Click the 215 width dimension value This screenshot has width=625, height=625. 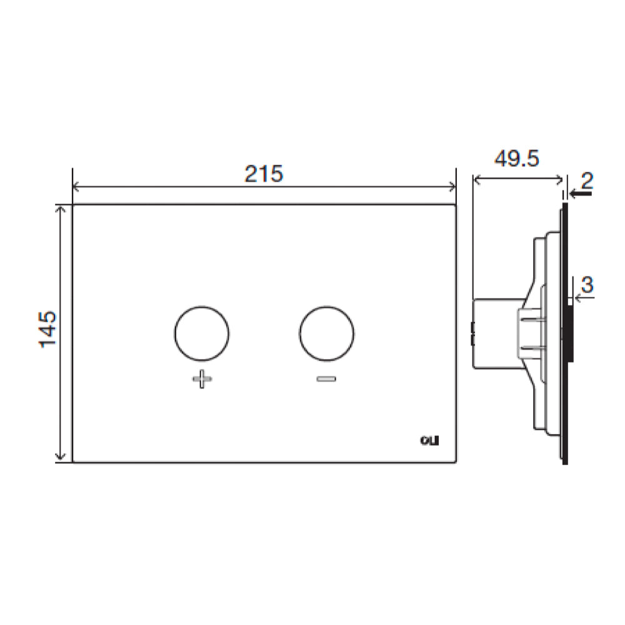[263, 174]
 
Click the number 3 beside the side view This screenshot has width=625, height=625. [586, 285]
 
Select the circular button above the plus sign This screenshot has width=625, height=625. [201, 334]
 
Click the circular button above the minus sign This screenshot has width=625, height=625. [327, 334]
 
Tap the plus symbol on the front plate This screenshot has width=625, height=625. [201, 379]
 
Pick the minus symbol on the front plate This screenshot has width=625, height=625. [327, 379]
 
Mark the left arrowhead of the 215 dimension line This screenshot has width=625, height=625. [77, 186]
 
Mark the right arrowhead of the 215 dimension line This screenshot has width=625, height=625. [452, 186]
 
